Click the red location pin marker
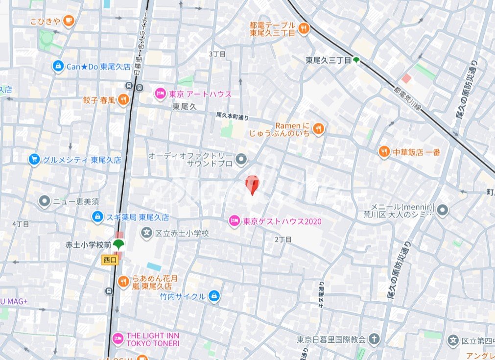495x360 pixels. click(x=252, y=184)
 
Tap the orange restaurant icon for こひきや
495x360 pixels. click(x=69, y=21)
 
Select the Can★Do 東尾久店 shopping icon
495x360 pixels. click(x=58, y=66)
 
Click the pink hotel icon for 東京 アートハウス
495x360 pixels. click(x=160, y=94)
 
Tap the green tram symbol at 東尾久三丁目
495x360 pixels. click(x=356, y=60)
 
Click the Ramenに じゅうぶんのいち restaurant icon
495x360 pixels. click(x=319, y=129)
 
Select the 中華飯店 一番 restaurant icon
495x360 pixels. click(x=384, y=152)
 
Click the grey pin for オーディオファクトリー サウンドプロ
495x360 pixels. click(x=241, y=159)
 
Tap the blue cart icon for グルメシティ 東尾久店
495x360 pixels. click(x=34, y=160)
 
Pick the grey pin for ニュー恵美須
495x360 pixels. click(x=45, y=201)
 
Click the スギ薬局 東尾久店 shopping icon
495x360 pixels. click(x=97, y=216)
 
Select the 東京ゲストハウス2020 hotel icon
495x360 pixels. click(x=235, y=221)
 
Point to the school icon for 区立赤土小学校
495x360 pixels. click(x=146, y=233)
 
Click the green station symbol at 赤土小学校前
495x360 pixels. click(x=118, y=244)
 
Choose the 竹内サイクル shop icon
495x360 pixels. click(x=214, y=296)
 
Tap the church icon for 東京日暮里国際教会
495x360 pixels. click(x=375, y=339)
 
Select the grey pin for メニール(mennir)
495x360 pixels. click(x=443, y=211)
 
